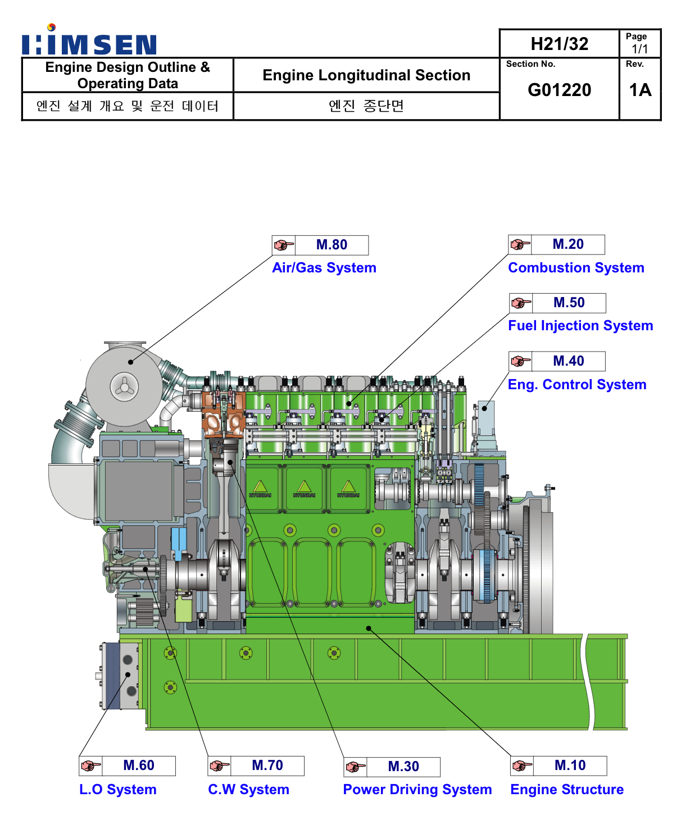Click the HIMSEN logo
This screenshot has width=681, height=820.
click(89, 42)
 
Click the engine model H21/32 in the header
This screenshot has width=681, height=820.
click(559, 44)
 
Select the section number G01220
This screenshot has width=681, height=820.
click(559, 90)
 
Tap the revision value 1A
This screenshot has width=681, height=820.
click(640, 90)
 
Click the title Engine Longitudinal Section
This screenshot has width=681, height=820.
click(366, 75)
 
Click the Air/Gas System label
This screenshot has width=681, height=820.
click(324, 268)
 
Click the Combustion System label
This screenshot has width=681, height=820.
click(576, 268)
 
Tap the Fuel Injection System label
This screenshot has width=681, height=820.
click(580, 326)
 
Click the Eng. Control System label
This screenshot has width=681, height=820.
click(577, 385)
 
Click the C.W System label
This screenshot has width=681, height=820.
click(248, 790)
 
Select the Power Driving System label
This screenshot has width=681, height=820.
click(417, 790)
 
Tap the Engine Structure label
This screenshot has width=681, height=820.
click(567, 790)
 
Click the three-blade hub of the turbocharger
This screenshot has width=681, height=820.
click(124, 386)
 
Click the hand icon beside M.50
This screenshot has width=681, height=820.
click(521, 303)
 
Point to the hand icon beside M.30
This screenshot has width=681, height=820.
click(356, 767)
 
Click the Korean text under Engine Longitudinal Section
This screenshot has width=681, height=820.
click(366, 106)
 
